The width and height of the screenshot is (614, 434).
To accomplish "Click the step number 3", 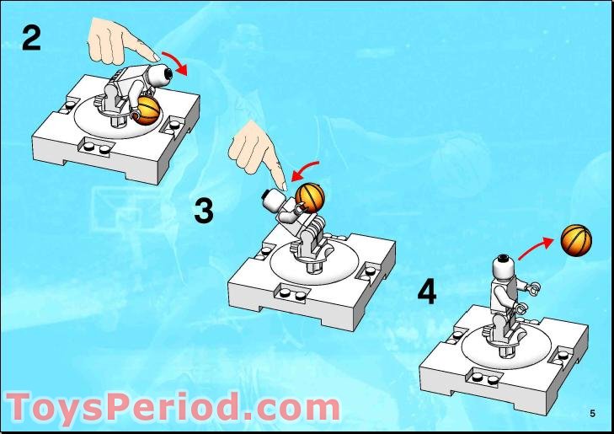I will (x=203, y=211).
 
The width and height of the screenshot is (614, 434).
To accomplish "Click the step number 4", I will (x=427, y=292).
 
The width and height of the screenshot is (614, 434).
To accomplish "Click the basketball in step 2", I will (x=149, y=109).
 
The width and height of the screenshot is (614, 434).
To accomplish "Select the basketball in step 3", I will (x=309, y=197).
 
